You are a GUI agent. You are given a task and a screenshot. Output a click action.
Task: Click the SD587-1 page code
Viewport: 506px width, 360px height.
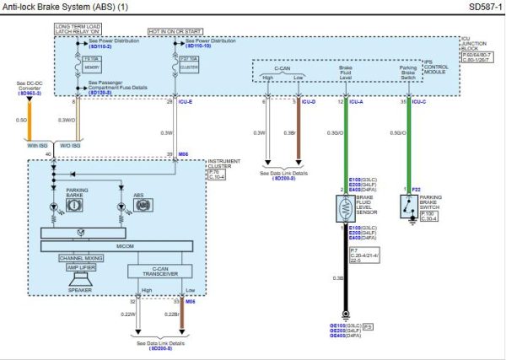coord(482,7)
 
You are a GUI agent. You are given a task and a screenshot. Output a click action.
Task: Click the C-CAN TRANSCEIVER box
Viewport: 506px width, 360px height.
coord(161,271)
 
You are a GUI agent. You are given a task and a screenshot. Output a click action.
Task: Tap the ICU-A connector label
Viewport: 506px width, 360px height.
coord(358,102)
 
